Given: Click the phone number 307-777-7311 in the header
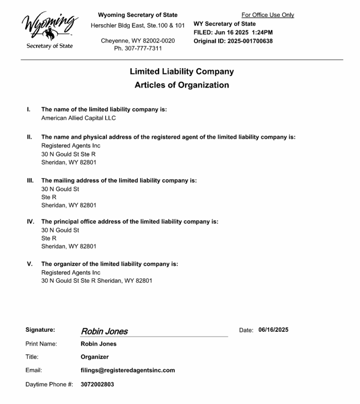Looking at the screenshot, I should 138,49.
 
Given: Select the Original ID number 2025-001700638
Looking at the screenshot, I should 250,41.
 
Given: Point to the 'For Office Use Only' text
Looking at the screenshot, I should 268,15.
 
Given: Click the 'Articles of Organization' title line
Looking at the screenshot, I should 182,85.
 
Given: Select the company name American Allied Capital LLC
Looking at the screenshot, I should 78,118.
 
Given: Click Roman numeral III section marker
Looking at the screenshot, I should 30,180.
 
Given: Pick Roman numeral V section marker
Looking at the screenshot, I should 30,264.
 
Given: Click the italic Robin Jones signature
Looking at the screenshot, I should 104,331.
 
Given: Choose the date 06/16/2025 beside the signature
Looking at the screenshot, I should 273,330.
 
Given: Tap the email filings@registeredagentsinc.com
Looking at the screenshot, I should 127,370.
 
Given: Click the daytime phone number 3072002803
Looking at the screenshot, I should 97,384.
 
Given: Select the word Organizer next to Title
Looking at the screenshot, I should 95,357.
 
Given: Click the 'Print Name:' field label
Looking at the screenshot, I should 41,344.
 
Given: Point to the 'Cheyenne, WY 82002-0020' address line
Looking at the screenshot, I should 138,41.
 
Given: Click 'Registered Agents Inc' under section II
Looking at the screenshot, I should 71,146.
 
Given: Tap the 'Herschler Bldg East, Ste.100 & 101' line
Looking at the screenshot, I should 138,26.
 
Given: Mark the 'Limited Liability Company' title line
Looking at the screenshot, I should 182,71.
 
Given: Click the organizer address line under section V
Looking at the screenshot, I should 97,281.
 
